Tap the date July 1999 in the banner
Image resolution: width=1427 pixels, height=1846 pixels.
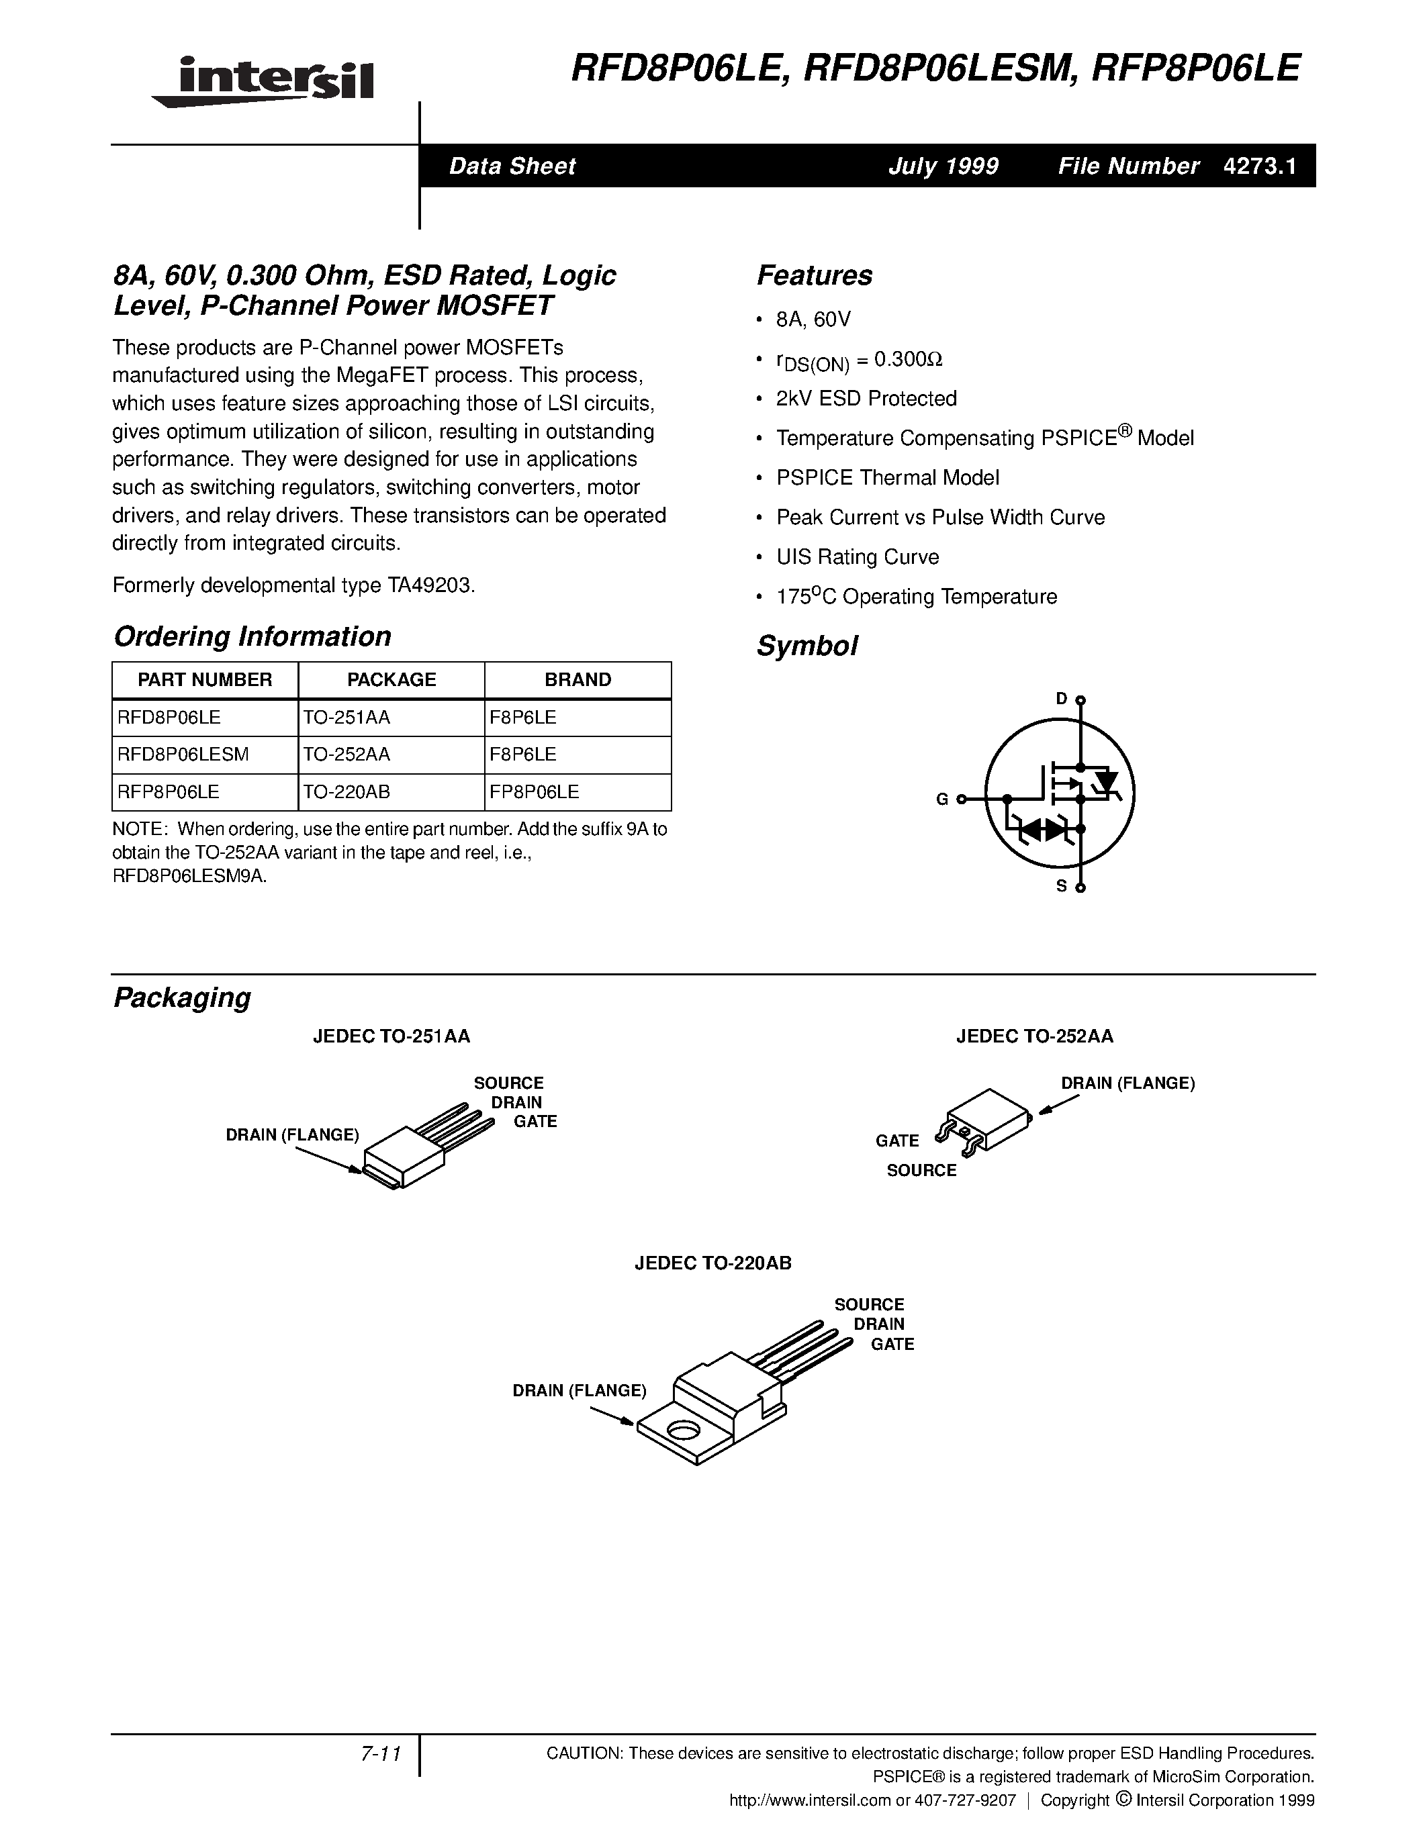coord(943,166)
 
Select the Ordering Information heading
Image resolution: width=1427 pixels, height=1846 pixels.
coord(252,636)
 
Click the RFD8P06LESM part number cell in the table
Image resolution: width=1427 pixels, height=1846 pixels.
coord(183,754)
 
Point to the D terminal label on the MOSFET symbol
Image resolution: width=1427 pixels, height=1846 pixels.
coord(1062,698)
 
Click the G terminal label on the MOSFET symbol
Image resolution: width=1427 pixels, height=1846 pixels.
coord(941,799)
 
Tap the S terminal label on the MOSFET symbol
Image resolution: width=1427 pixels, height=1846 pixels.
coord(1062,887)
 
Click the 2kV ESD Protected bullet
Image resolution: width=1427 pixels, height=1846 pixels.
coord(866,398)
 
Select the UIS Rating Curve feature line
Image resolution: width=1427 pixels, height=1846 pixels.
coord(858,557)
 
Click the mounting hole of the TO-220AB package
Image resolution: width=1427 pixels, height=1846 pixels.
coord(682,1430)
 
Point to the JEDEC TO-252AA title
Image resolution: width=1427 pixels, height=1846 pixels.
coord(1034,1036)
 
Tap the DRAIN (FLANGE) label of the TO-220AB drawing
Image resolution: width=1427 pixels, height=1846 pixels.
coord(579,1390)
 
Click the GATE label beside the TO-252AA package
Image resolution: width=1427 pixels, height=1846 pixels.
coord(897,1140)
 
